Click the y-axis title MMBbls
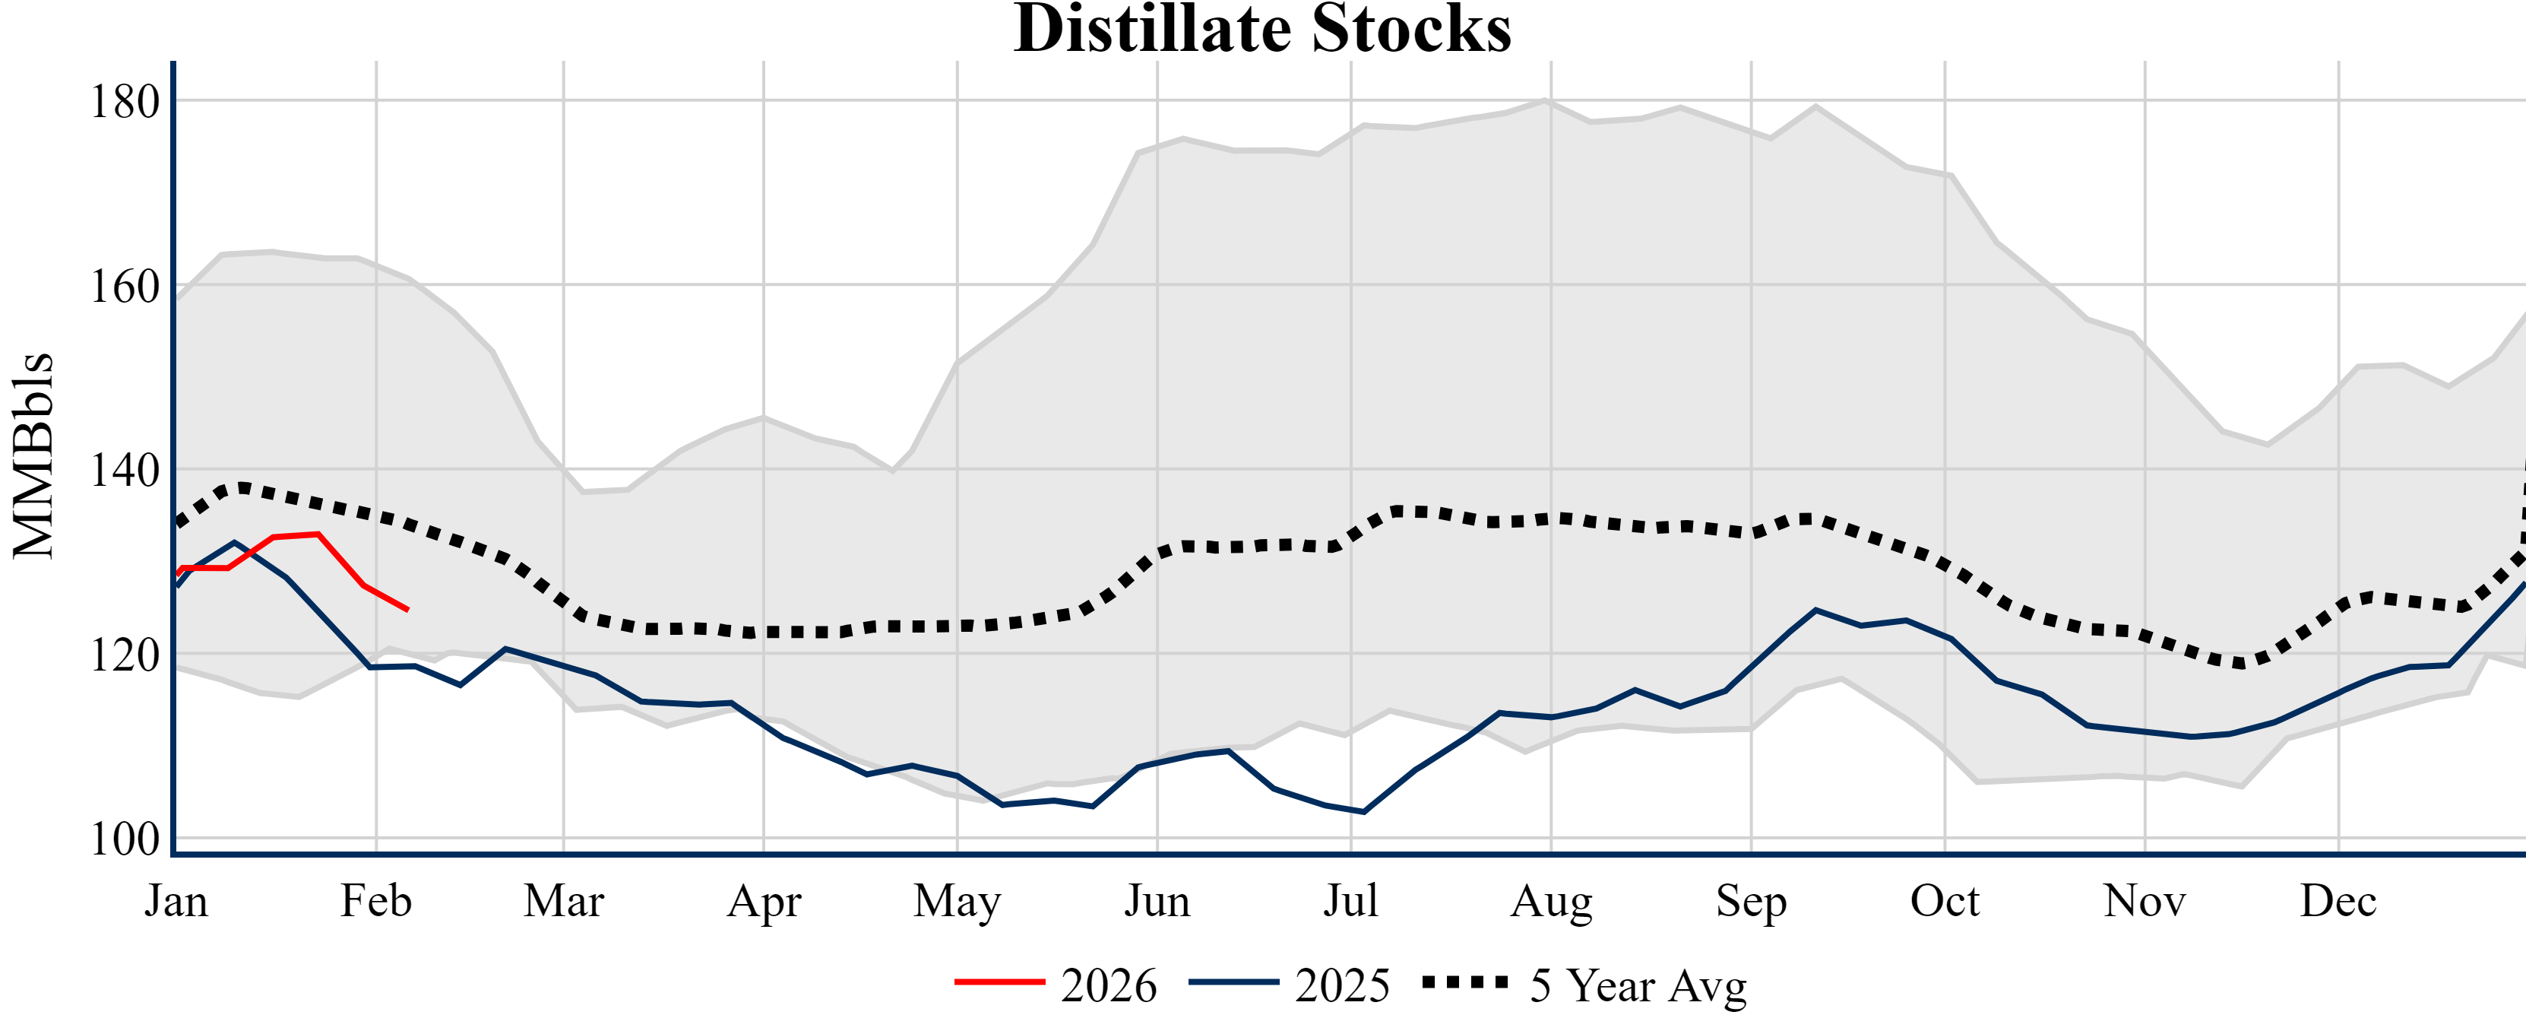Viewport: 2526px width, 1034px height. coord(33,455)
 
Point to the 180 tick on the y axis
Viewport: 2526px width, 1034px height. coord(125,102)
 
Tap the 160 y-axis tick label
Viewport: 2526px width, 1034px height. coord(125,287)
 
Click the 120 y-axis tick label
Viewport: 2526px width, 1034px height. coord(125,655)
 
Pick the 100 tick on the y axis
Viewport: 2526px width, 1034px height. coord(125,840)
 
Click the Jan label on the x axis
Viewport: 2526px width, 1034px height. coord(176,901)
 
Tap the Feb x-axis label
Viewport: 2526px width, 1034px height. coord(375,901)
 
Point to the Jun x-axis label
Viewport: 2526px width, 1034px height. coord(1157,901)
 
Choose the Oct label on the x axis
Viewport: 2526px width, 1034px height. coord(1945,901)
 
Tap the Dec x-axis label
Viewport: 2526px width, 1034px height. coord(2339,901)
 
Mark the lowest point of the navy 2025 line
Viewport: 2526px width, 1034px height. coord(1364,811)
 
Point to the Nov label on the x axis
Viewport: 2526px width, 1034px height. coord(2145,901)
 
